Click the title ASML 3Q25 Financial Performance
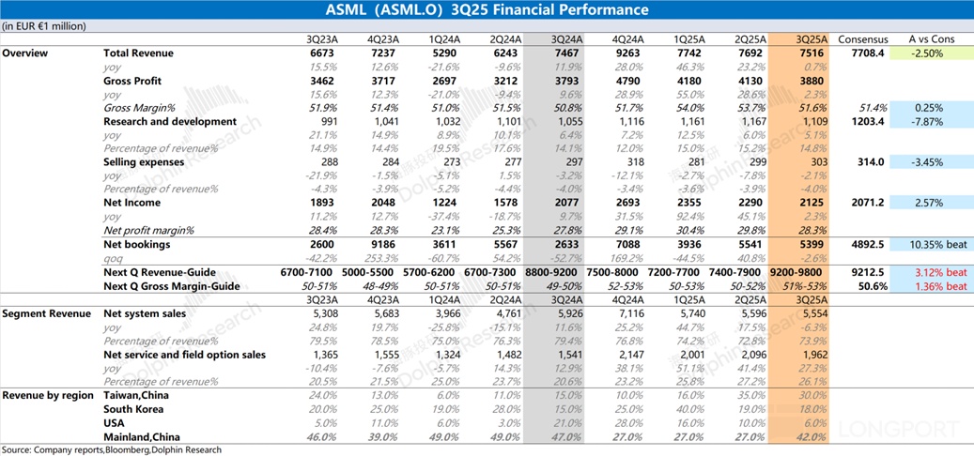[x=487, y=10]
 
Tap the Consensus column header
[x=863, y=39]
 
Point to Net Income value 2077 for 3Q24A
[x=565, y=203]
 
